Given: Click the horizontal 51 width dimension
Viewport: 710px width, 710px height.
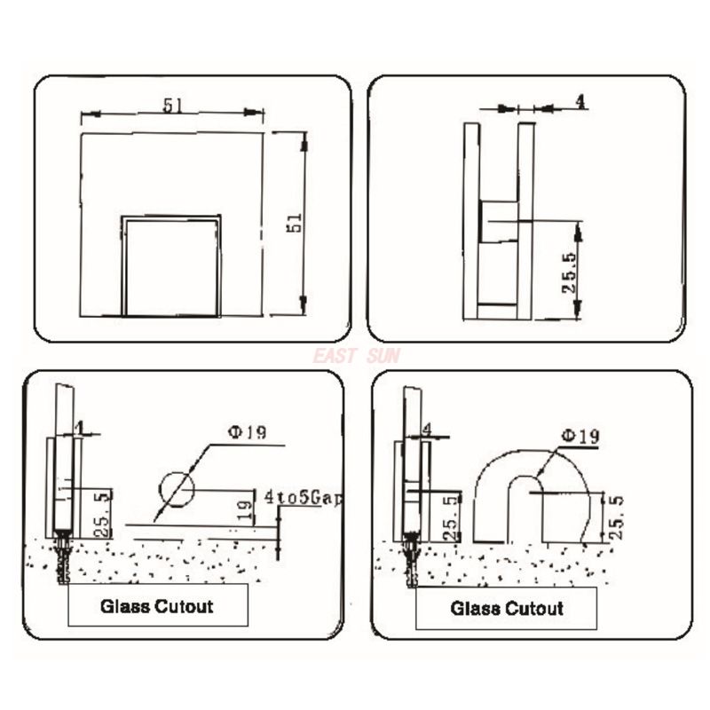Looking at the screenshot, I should pos(172,105).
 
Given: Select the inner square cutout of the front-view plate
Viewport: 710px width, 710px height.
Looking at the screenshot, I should pos(171,265).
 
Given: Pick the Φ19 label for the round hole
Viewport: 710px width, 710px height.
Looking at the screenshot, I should pos(246,432).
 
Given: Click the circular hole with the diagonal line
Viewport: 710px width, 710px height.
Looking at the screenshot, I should pos(177,487).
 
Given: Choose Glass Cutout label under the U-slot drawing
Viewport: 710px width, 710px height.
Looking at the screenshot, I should pos(507,609).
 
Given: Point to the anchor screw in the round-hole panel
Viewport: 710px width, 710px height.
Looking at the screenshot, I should pos(62,556).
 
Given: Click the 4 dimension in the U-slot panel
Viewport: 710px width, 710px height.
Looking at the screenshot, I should pos(428,429).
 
